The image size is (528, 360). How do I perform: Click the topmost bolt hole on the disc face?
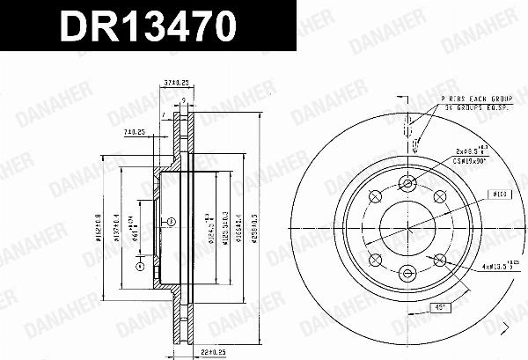(407, 183)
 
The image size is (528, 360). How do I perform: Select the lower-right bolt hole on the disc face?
(438, 259)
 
